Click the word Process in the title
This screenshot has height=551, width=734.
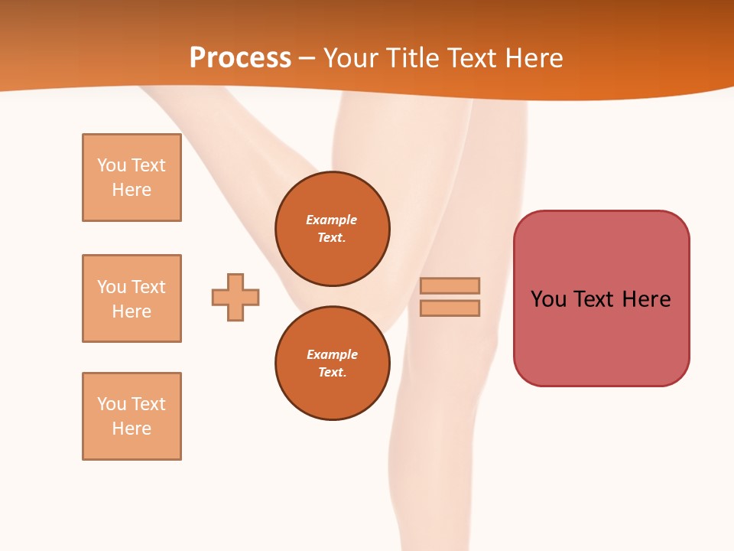click(x=240, y=58)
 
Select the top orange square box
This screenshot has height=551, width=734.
click(x=132, y=178)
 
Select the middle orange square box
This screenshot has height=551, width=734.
click(x=132, y=298)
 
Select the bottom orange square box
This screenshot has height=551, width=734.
click(x=132, y=416)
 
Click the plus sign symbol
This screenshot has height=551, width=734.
click(x=235, y=297)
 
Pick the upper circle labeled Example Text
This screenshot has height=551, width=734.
click(x=333, y=229)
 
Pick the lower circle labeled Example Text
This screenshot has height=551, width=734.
click(x=333, y=364)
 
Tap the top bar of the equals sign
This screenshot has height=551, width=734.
click(x=450, y=285)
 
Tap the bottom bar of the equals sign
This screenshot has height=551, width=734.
click(x=450, y=308)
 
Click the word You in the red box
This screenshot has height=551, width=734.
click(x=548, y=299)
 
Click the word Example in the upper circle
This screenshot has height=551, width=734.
click(x=332, y=220)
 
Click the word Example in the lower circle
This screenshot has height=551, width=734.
click(x=332, y=354)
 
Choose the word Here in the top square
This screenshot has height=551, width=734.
click(x=132, y=190)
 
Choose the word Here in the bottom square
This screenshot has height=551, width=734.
click(x=132, y=429)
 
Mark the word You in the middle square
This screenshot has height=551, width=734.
click(x=112, y=287)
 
